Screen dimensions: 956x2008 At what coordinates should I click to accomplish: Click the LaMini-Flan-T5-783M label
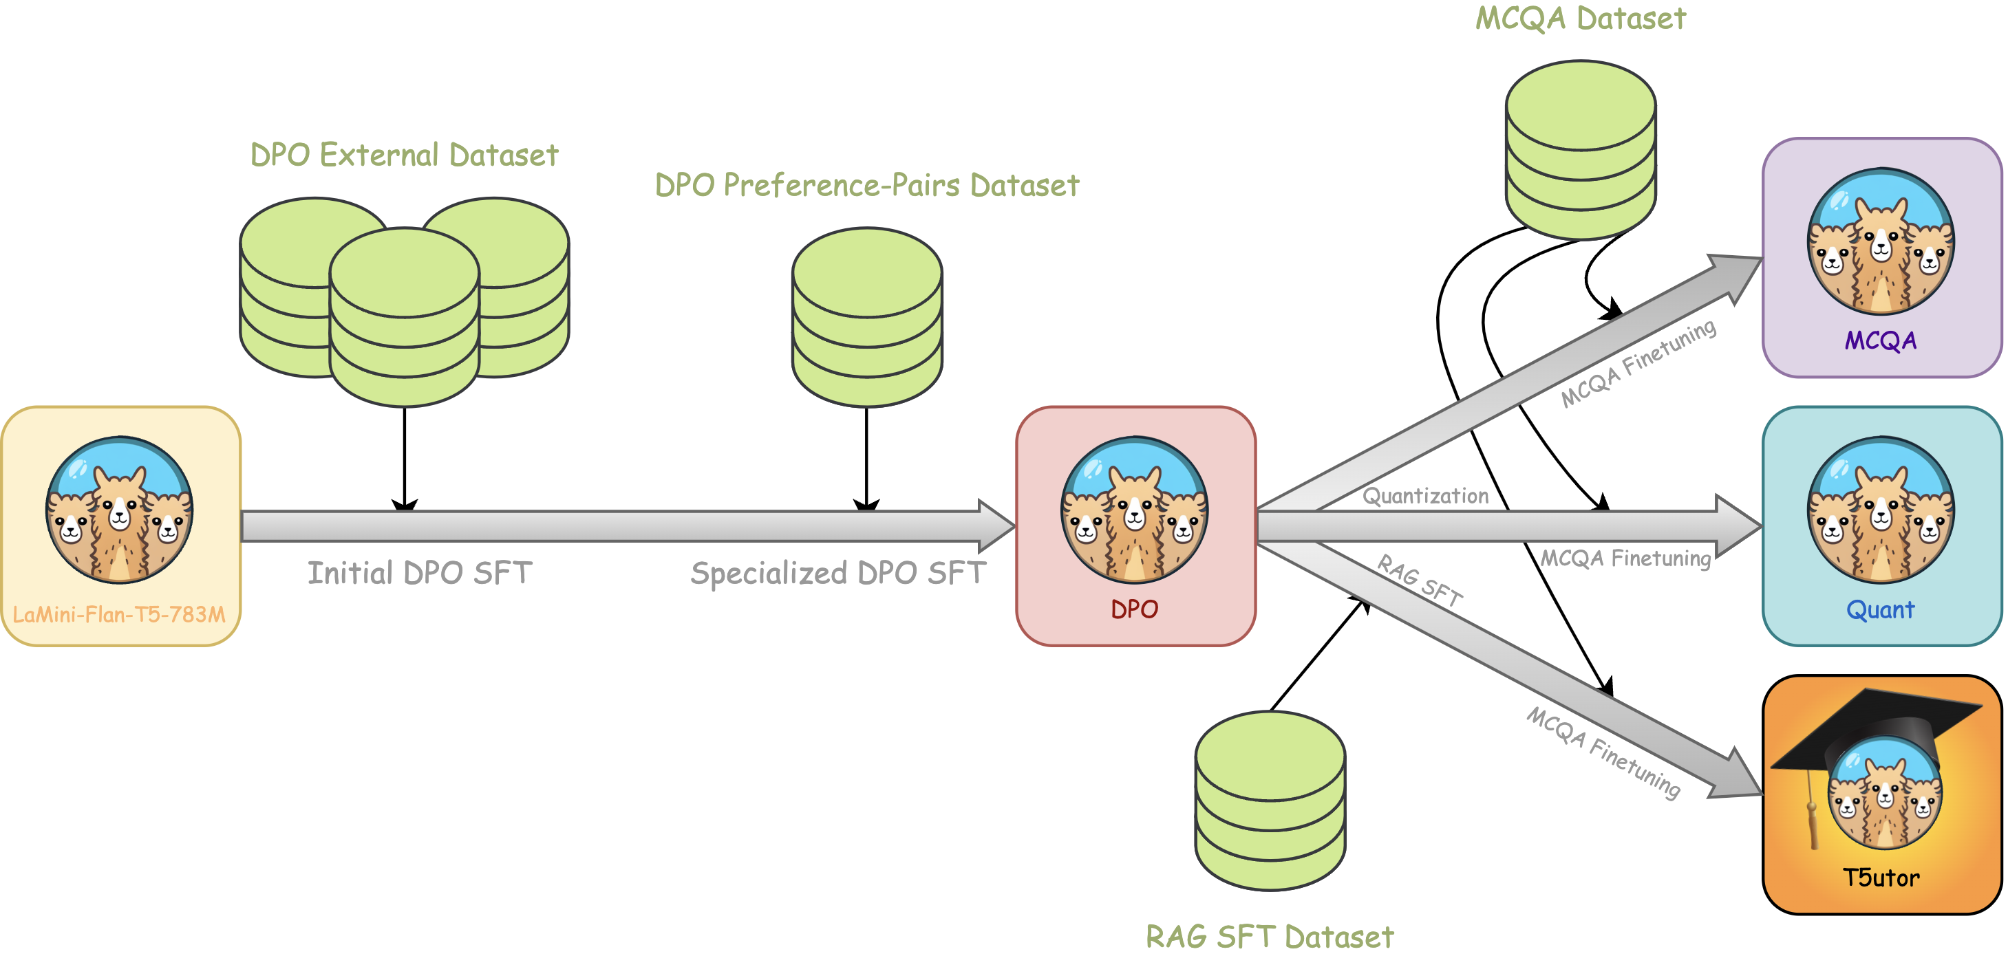coord(119,615)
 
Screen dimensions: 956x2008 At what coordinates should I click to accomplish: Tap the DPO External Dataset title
coord(404,155)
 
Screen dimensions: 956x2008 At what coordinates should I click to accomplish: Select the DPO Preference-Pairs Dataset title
coord(867,186)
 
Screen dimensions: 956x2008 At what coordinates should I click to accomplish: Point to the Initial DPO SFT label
coord(419,574)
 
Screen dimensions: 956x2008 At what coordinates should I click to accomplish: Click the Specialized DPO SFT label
coord(838,574)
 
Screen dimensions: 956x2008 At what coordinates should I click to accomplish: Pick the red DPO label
coord(1134,609)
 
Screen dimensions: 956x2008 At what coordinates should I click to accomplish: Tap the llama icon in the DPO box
coord(1134,510)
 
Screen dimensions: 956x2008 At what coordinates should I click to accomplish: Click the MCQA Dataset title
coord(1580,19)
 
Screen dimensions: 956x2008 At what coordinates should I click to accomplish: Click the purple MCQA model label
coord(1880,340)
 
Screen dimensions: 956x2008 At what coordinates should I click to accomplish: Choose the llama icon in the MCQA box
coord(1880,241)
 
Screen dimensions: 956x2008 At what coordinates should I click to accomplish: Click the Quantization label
coord(1425,497)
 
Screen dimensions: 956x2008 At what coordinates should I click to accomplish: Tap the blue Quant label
coord(1880,609)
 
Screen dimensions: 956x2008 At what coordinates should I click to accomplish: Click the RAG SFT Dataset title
coord(1269,937)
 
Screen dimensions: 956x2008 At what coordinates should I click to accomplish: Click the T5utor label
coord(1880,878)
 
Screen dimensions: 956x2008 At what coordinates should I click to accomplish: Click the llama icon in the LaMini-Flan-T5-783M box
coord(119,510)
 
